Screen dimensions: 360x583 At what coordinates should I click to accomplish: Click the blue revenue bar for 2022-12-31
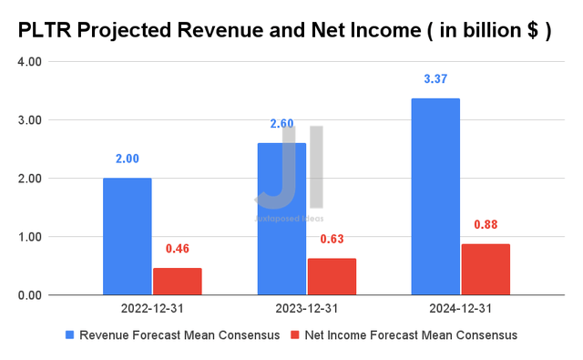[127, 236]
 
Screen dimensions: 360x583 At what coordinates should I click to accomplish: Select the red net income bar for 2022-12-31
[177, 281]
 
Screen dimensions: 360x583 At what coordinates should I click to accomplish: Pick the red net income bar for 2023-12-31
[332, 276]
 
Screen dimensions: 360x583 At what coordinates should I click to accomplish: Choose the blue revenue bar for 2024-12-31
[435, 196]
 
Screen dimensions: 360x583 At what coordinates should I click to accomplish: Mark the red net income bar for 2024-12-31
[486, 269]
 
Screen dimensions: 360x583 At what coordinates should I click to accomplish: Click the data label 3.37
[435, 79]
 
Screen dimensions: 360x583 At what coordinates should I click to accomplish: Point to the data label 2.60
[281, 124]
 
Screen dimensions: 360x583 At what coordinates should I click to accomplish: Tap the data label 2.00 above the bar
[127, 159]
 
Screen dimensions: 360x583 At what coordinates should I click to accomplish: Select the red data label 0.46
[177, 249]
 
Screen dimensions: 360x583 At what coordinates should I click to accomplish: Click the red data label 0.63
[332, 239]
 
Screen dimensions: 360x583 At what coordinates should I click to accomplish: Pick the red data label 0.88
[486, 224]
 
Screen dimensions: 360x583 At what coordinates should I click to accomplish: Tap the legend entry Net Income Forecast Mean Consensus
[414, 335]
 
